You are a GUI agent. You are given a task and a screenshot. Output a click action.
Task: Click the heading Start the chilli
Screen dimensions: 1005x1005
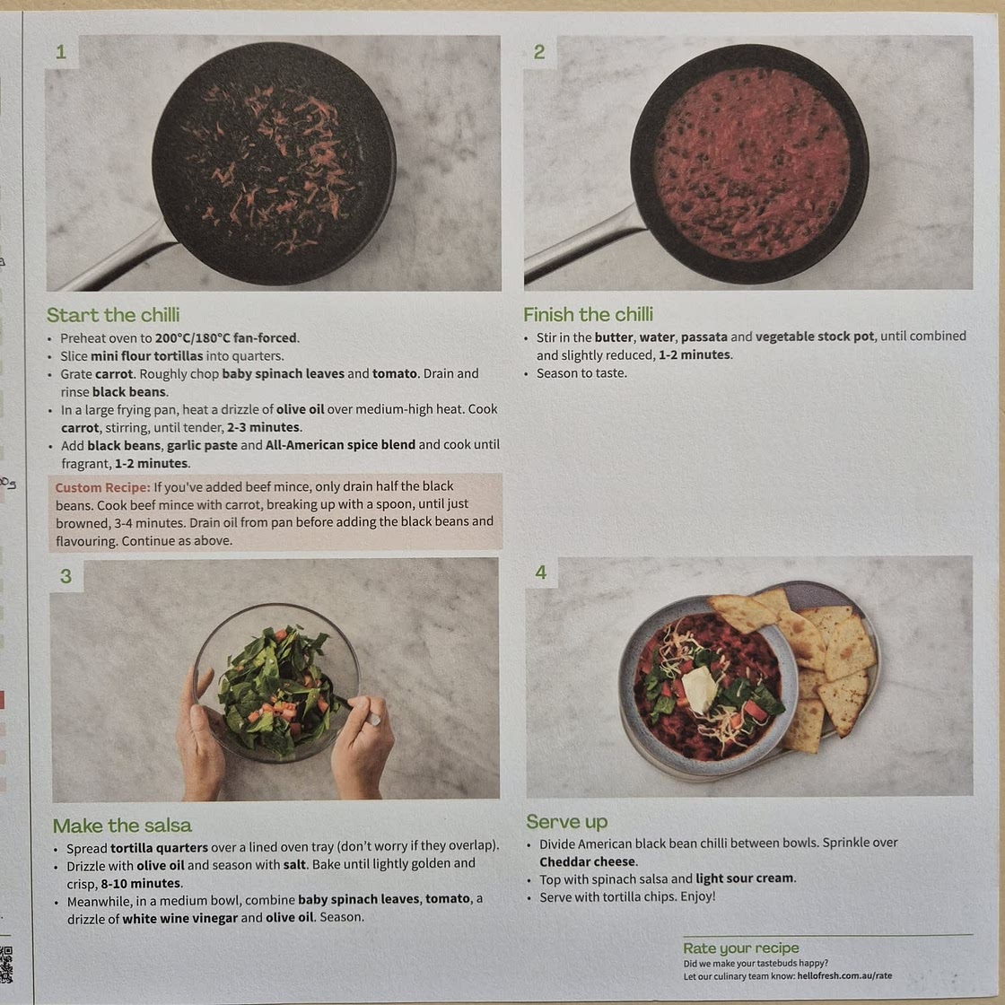113,315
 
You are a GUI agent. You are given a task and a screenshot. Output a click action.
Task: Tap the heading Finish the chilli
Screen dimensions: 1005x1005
588,314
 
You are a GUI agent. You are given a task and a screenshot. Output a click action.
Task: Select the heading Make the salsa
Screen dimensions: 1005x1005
122,826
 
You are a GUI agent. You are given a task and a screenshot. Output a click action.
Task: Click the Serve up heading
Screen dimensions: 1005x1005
566,822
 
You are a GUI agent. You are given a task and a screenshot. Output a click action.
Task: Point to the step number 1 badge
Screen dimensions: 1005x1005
61,52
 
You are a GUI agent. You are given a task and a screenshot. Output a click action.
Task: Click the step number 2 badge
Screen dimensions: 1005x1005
538,52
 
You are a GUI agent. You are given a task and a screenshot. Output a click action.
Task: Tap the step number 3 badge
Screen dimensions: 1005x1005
66,576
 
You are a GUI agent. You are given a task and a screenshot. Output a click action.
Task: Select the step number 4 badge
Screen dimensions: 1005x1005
540,572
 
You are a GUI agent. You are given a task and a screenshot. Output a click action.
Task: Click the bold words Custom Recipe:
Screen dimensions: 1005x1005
101,487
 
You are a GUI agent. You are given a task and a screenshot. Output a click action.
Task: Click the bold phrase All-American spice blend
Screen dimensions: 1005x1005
340,445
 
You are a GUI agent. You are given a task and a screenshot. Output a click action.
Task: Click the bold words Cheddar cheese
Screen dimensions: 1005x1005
588,861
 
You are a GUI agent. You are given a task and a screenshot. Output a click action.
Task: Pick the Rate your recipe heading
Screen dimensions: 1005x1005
740,948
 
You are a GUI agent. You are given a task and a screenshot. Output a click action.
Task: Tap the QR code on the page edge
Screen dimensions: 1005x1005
6,965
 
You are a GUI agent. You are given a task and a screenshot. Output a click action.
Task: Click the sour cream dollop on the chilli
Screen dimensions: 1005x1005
700,689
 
